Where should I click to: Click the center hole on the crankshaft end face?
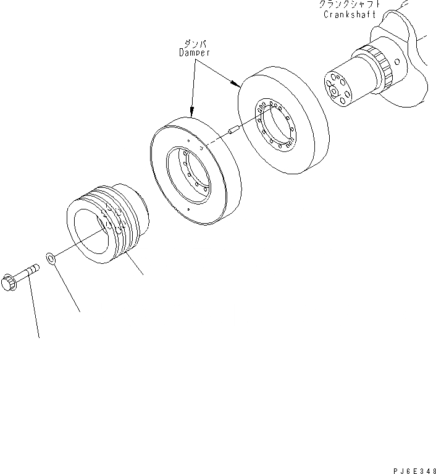(x=335, y=91)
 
